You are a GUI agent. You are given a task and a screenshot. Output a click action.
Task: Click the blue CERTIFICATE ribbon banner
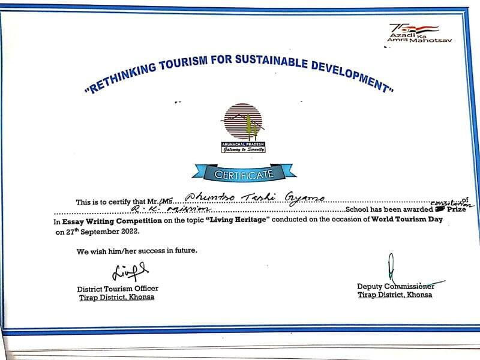pos(244,173)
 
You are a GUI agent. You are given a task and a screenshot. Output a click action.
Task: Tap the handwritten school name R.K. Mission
pos(170,209)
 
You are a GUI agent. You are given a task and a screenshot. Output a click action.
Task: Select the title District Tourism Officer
pos(118,289)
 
